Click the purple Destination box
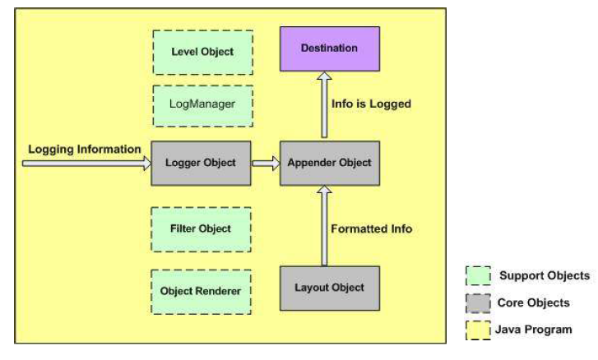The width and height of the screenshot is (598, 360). (330, 48)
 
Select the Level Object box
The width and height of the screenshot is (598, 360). (202, 52)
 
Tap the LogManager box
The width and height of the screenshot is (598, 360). (202, 106)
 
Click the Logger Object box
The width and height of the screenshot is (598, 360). (201, 164)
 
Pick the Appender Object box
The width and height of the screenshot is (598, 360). (330, 164)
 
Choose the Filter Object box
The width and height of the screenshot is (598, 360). (201, 229)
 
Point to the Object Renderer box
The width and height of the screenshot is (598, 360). (201, 292)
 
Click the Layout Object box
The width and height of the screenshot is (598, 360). (330, 288)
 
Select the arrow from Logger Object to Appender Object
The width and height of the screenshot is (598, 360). (266, 164)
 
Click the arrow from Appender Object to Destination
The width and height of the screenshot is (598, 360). (324, 104)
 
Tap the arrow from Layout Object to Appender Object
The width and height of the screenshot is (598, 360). (324, 226)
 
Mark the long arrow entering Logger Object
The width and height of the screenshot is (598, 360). (86, 164)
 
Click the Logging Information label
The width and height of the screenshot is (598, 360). (85, 150)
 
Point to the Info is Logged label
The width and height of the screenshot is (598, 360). (371, 104)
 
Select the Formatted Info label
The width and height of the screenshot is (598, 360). (372, 229)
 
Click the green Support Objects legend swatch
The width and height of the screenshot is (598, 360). (478, 276)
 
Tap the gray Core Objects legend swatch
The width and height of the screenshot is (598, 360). (478, 303)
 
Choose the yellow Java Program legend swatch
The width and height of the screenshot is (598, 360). (478, 330)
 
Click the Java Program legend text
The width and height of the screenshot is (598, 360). (534, 330)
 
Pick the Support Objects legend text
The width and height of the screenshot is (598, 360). (545, 276)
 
